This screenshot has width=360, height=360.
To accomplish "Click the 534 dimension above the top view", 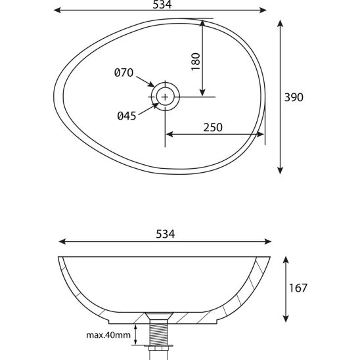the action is [x=162, y=5].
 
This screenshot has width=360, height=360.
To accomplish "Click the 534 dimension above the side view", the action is [x=166, y=234].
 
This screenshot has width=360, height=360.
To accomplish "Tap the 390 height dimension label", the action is [x=294, y=97].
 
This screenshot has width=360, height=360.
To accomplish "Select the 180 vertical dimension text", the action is [x=196, y=62].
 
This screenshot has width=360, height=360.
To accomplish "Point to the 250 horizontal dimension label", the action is [x=213, y=127].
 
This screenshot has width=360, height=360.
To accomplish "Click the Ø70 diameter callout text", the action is [x=124, y=72].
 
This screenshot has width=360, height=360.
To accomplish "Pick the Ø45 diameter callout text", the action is [x=127, y=116].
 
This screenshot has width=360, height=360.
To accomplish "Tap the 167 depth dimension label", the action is [x=298, y=288].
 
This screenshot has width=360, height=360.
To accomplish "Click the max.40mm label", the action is [x=108, y=335].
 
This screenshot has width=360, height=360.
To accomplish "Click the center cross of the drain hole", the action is [x=165, y=97].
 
